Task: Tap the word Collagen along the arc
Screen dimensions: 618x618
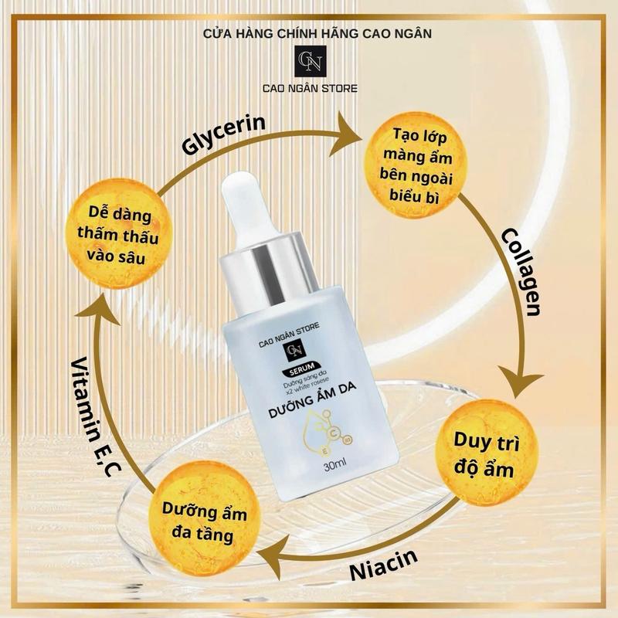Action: click(521, 272)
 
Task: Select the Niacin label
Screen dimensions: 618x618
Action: click(383, 564)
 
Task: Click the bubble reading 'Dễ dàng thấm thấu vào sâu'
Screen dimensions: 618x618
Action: click(119, 235)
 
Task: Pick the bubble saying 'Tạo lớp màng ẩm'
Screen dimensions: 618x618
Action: click(416, 165)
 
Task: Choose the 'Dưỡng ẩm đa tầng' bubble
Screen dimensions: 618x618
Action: click(203, 519)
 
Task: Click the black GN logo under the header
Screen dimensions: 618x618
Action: click(311, 62)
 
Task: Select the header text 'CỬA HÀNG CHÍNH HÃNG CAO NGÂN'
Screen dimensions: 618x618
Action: click(317, 33)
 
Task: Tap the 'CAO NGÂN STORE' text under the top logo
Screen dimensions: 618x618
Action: click(311, 88)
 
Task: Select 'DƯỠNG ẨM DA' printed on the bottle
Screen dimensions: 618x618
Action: click(313, 400)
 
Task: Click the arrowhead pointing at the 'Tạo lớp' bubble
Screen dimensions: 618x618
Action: click(345, 135)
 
